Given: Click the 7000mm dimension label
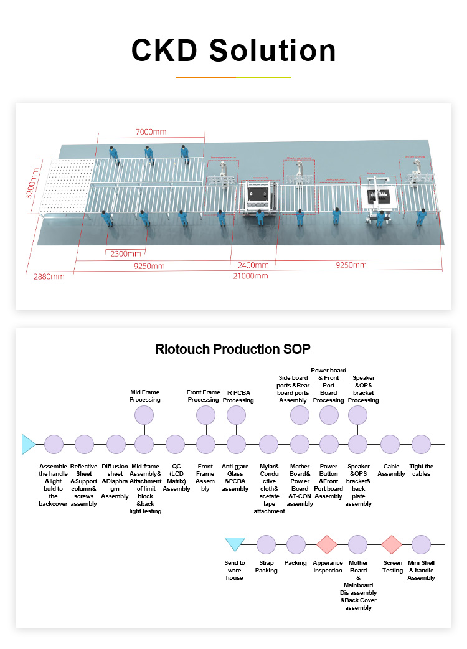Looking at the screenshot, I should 151,132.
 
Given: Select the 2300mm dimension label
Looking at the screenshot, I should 126,254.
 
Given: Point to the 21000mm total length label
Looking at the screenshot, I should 250,276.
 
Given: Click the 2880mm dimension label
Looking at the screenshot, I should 48,277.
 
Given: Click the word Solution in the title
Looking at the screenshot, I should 272,50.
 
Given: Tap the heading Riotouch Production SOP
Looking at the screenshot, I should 232,349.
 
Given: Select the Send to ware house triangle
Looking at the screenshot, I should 235,544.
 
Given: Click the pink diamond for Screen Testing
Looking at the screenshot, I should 392,544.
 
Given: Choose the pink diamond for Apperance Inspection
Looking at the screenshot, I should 327,544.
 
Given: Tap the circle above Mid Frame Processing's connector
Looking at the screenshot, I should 144,415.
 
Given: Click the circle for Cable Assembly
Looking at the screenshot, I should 390,445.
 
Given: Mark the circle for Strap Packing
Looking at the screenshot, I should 266,544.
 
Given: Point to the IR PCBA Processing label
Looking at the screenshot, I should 238,396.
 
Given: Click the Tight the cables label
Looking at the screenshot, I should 422,470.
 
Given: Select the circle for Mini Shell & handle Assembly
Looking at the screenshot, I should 421,544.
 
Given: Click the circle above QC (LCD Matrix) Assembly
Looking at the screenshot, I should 176,445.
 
